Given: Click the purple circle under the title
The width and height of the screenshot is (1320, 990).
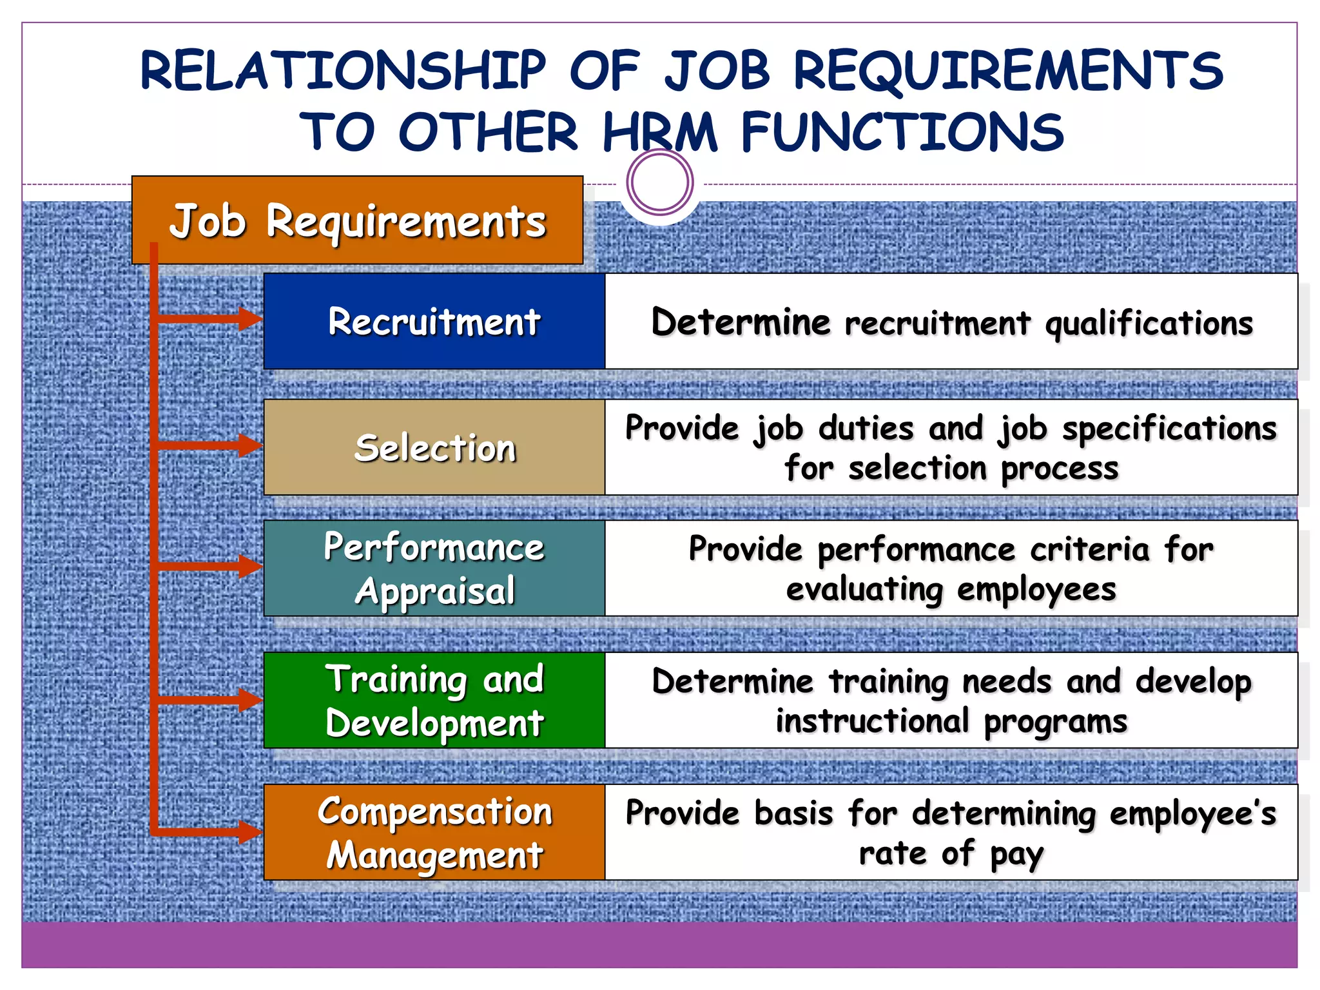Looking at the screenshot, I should (659, 182).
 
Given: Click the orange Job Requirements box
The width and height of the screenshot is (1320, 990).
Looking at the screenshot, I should (358, 220).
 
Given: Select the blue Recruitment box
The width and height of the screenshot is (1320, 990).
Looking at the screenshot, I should (434, 321).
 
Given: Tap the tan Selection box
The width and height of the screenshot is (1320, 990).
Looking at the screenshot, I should (434, 447).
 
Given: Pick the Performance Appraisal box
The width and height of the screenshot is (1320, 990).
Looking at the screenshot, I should (434, 568).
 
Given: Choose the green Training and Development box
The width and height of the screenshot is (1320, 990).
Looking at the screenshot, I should (434, 700).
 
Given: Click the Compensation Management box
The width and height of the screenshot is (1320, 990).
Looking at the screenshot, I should (434, 832).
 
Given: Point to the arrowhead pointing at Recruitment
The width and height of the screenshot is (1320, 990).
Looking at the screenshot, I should (250, 318).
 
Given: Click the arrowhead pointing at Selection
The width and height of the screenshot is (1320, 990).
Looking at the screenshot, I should (250, 445).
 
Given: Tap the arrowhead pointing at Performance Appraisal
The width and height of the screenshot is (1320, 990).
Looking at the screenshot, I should (250, 566).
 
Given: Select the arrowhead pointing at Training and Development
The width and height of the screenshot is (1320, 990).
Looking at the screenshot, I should (250, 699).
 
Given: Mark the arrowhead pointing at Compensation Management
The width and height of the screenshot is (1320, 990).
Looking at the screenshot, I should (250, 831).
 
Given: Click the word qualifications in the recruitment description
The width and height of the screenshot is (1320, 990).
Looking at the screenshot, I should (1149, 323).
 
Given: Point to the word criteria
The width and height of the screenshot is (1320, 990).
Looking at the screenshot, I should (1089, 549).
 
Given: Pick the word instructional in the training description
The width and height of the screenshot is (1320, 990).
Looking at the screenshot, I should (872, 721).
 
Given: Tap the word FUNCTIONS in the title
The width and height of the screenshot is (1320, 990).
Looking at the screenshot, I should (902, 132).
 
